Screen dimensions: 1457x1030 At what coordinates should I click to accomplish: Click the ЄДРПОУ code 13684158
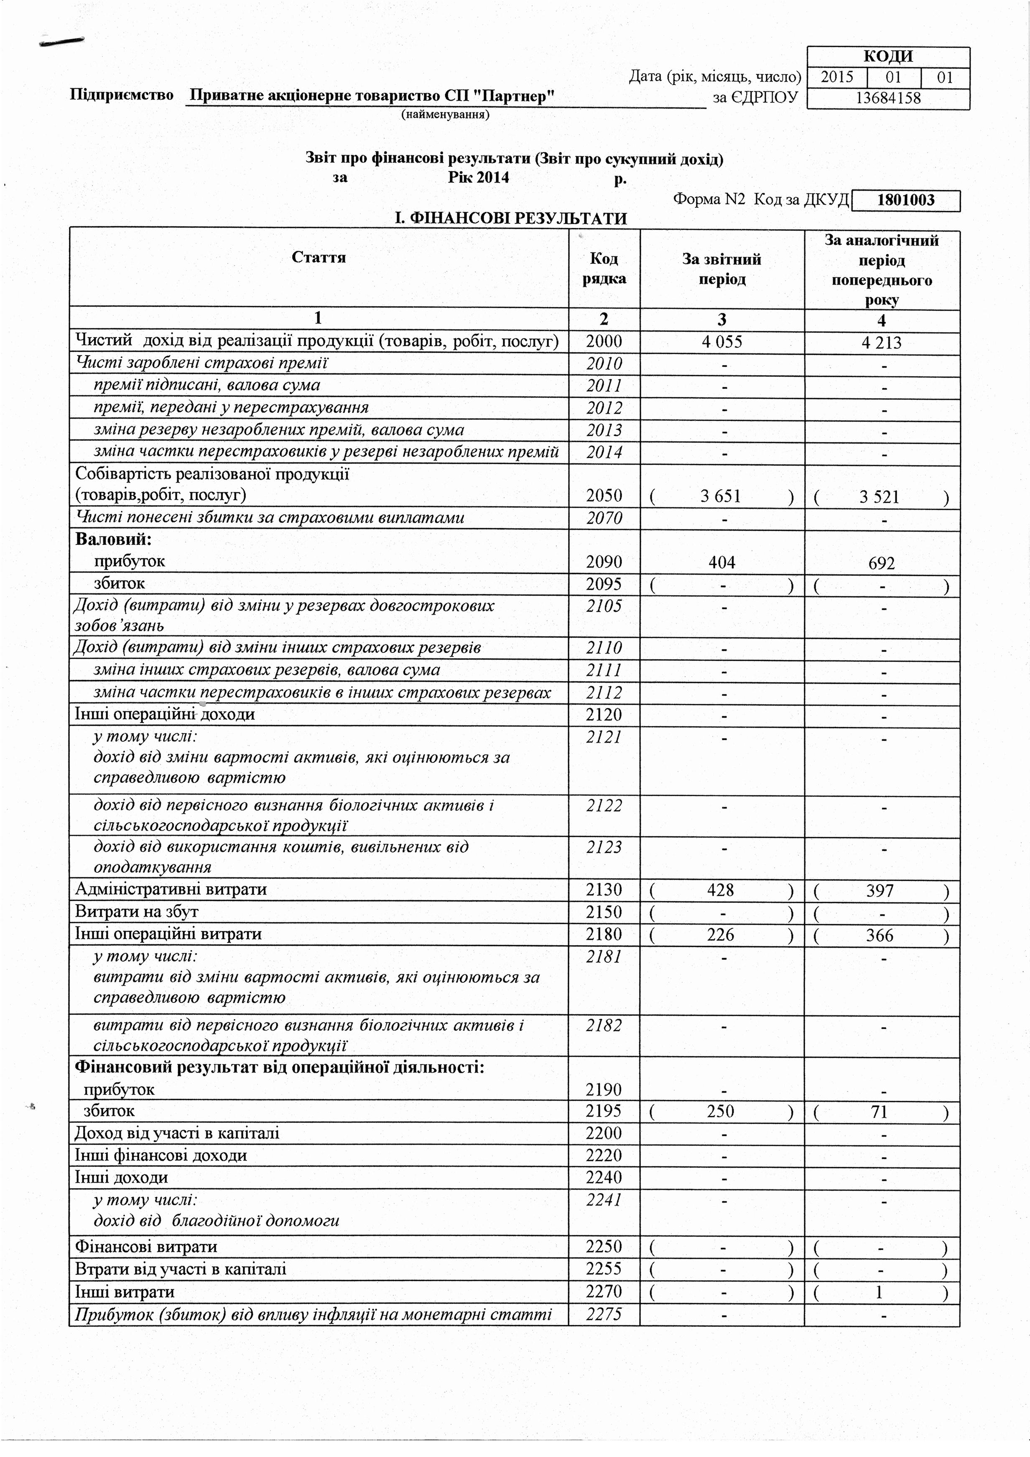(x=888, y=98)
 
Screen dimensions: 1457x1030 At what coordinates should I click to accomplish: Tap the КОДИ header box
(x=888, y=56)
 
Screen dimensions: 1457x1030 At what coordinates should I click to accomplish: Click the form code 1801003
(x=906, y=201)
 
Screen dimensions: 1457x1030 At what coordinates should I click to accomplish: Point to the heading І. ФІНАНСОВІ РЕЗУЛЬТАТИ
(x=510, y=219)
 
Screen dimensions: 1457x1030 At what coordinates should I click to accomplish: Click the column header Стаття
(x=319, y=257)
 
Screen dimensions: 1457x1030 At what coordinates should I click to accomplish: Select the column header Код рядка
(x=604, y=268)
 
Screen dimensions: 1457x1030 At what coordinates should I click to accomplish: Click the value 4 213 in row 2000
(x=881, y=343)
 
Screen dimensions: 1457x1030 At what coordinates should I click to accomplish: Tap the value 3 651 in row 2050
(x=721, y=496)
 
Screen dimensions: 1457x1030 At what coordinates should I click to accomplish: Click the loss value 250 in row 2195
(x=721, y=1111)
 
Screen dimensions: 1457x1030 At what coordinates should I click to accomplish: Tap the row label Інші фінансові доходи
(x=161, y=1155)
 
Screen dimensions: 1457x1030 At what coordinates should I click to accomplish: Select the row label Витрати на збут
(x=137, y=912)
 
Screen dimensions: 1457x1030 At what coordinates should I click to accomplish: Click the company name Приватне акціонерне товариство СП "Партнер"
(x=373, y=96)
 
